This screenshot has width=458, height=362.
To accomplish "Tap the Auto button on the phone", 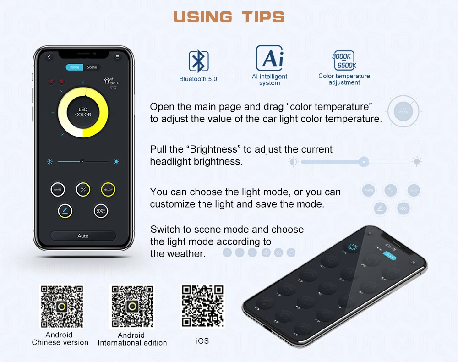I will [83, 236].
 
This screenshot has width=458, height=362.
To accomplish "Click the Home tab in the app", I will [74, 67].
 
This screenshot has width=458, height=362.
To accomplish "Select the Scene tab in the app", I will [92, 67].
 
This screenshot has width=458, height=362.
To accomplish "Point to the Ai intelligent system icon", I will [270, 58].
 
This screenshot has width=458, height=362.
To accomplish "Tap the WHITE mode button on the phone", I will [58, 189].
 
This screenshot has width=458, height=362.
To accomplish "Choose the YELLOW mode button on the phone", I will [108, 189].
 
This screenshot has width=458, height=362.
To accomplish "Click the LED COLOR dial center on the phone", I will [83, 112].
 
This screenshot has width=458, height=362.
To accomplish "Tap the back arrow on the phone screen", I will [49, 57].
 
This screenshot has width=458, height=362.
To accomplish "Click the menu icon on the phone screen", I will [118, 57].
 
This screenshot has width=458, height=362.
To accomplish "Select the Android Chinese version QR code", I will [62, 307].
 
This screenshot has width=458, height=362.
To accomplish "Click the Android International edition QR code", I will [132, 307].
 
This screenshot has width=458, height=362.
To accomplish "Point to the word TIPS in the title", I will [263, 17].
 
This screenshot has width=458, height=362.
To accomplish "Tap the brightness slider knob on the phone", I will [82, 161].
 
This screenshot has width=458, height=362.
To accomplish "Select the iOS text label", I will [202, 340].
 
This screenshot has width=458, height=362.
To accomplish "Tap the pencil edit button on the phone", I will [65, 211].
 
